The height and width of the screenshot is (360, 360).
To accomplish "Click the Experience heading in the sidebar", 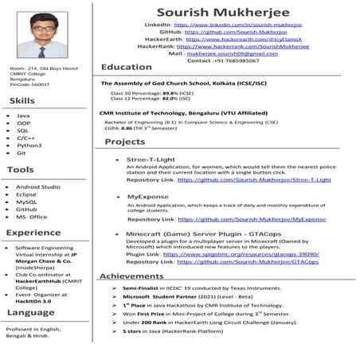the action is pyautogui.click(x=33, y=233).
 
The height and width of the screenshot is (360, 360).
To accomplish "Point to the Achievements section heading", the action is pyautogui.click(x=131, y=276).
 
